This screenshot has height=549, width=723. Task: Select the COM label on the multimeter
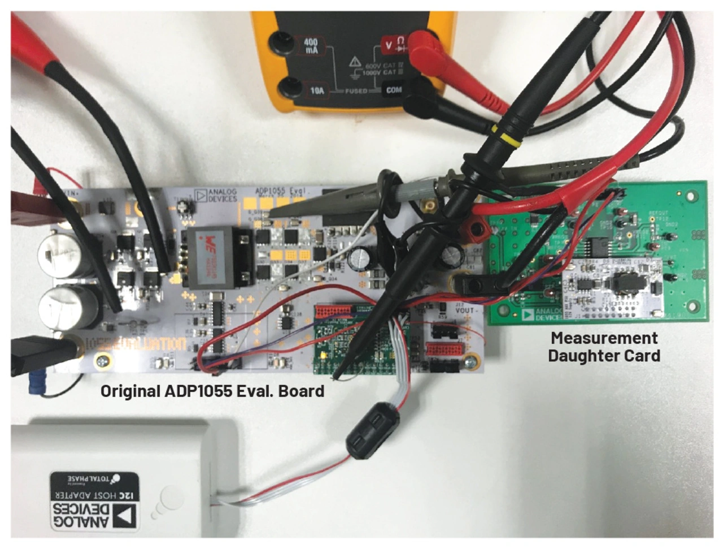point(393,90)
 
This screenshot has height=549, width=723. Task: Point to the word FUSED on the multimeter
point(356,91)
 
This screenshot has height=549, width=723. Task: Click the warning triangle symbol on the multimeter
point(355,61)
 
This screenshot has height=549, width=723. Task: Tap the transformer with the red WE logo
point(218,255)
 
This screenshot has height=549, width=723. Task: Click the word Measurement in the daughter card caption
point(604,338)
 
